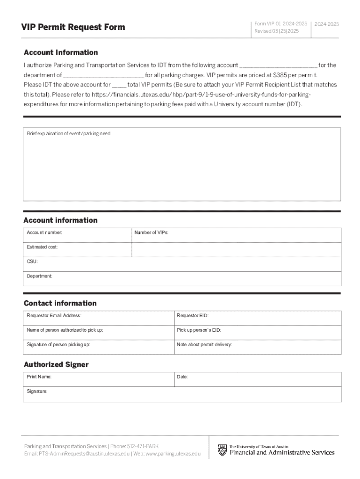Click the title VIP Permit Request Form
(73, 27)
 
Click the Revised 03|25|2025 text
(276, 31)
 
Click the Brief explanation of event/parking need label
(69, 134)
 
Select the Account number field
(78, 235)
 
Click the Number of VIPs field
(236, 235)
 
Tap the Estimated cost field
(78, 250)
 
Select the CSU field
(182, 264)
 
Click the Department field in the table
(182, 279)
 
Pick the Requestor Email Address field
(98, 318)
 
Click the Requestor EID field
(257, 318)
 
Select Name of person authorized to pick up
(98, 333)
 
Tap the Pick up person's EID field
(257, 333)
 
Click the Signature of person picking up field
(98, 347)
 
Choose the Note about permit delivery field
(257, 347)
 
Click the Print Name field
(98, 379)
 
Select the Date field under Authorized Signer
(257, 379)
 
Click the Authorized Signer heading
(56, 364)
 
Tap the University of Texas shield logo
(222, 450)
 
